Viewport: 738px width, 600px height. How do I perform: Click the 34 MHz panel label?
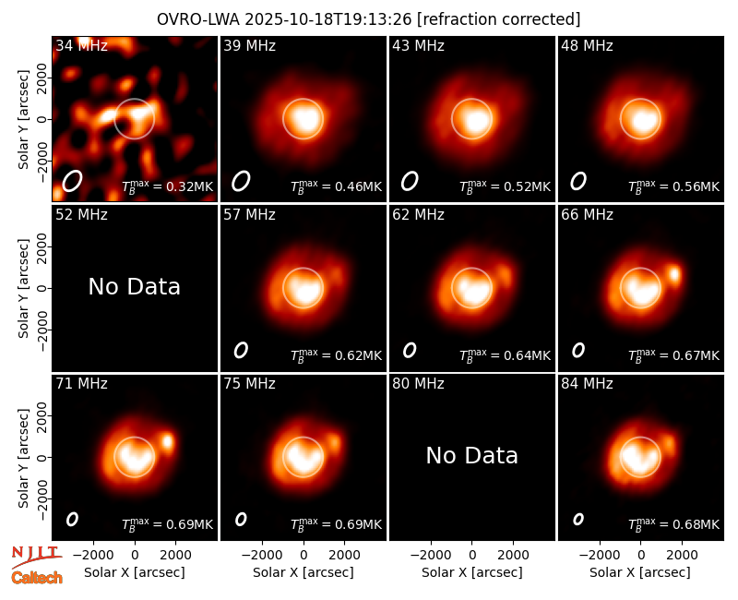pos(81,45)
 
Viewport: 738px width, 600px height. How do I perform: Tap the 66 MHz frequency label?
pos(587,215)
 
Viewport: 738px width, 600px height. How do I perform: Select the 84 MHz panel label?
pos(587,384)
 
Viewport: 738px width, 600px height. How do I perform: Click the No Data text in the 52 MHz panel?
pos(134,287)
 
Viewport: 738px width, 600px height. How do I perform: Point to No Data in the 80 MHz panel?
pos(471,456)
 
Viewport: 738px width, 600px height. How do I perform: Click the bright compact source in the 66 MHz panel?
pos(674,273)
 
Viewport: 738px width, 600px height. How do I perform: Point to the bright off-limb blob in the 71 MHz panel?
pos(168,442)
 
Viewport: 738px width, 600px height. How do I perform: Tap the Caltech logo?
pos(37,578)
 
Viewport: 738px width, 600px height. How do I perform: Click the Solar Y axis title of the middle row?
pos(23,288)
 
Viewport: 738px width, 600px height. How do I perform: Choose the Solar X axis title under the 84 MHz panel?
pos(640,572)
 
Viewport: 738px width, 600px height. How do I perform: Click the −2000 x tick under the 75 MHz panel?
pos(262,556)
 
